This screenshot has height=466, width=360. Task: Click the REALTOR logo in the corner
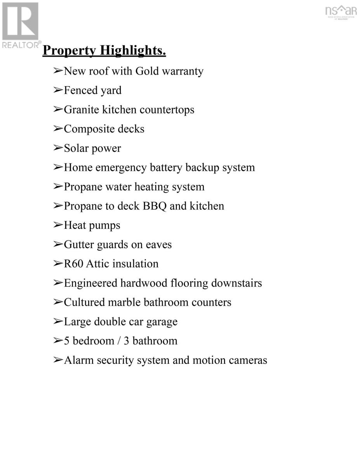[x=21, y=24]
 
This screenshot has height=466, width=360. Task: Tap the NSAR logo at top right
[x=341, y=12]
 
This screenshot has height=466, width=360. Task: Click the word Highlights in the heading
[x=133, y=51]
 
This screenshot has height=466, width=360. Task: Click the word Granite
[x=81, y=110]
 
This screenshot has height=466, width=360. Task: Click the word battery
[x=166, y=168]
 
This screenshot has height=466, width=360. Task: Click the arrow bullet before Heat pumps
[x=58, y=225]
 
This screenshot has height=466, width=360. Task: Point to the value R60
[x=73, y=264]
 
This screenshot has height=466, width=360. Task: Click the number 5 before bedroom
[x=67, y=341]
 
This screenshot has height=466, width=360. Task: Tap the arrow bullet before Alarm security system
[x=58, y=360]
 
